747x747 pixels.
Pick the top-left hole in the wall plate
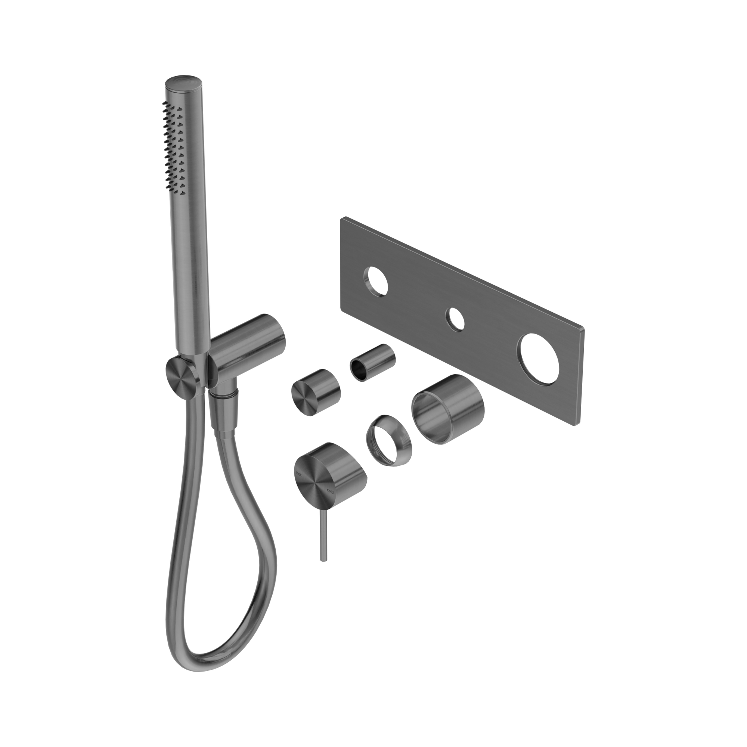(x=375, y=279)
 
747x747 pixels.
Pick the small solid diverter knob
(x=315, y=396)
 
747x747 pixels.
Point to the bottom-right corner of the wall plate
(x=575, y=425)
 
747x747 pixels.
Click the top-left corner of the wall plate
(x=342, y=220)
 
